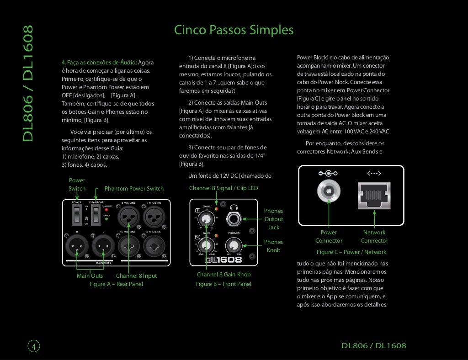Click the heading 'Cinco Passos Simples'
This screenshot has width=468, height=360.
pos(234,30)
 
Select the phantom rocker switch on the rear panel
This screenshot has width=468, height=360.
pos(95,214)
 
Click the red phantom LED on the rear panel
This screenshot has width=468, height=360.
pos(106,210)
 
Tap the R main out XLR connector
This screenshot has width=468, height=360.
pos(77,247)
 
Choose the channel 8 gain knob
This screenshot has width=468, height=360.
pos(207,219)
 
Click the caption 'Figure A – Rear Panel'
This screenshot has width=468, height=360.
pos(116,284)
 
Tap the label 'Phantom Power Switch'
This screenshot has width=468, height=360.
pos(134,189)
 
